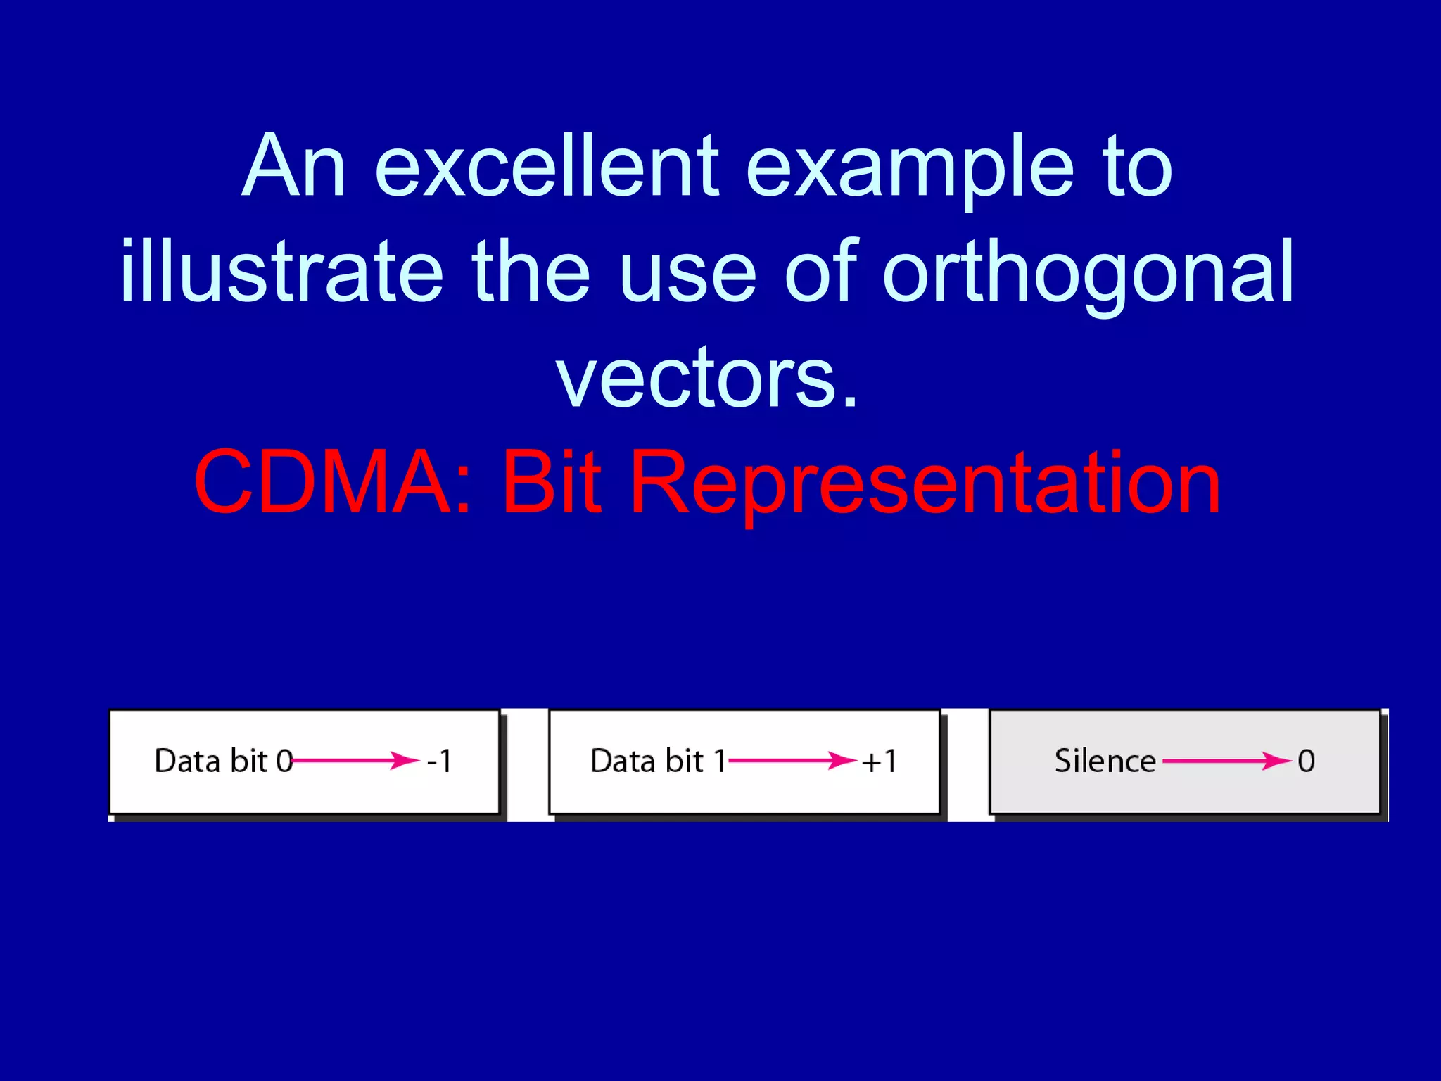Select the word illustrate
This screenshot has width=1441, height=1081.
[x=281, y=272]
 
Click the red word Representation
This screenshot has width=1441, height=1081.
[x=925, y=483]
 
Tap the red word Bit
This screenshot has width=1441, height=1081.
[x=552, y=483]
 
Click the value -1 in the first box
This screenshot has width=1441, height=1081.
[x=440, y=761]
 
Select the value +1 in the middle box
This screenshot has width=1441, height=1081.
[x=880, y=761]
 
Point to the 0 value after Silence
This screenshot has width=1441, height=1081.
[x=1306, y=761]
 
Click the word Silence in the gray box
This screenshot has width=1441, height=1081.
[x=1105, y=761]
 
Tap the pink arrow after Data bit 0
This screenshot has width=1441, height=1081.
[x=355, y=760]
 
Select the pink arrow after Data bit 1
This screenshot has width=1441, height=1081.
[x=792, y=760]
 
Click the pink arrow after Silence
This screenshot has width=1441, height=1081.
[x=1226, y=760]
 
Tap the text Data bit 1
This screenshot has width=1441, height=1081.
[x=659, y=761]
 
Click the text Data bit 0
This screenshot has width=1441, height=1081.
[x=224, y=761]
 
